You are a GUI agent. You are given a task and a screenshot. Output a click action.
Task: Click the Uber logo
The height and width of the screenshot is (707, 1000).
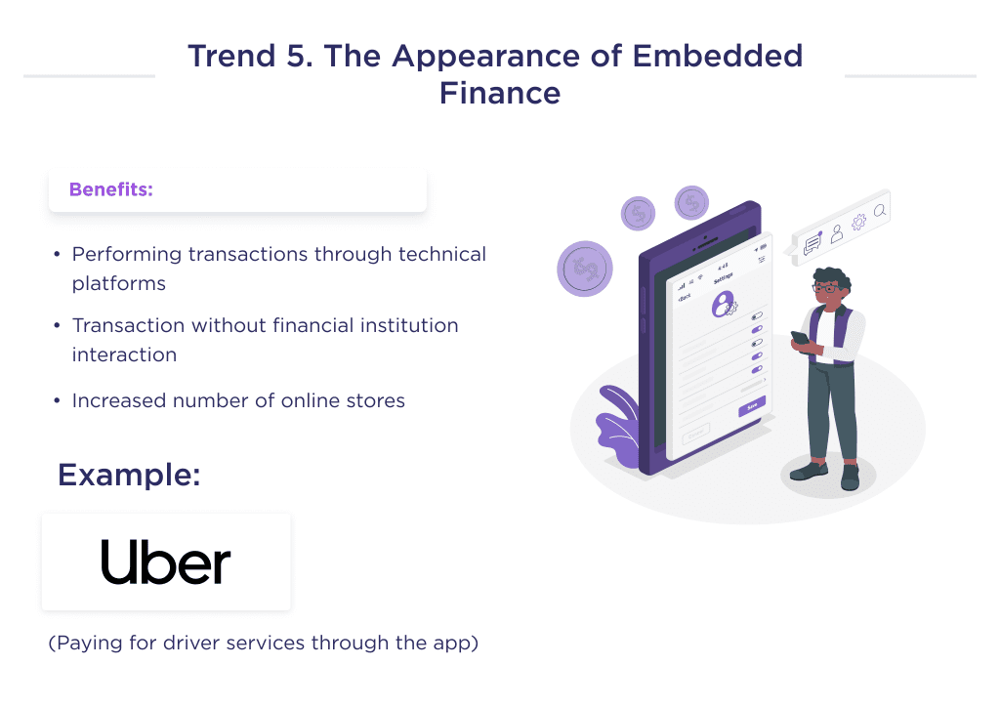166,562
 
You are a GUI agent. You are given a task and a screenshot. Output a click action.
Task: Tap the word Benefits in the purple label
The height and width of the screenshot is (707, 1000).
110,189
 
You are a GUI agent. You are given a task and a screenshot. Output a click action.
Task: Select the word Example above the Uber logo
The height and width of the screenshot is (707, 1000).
129,475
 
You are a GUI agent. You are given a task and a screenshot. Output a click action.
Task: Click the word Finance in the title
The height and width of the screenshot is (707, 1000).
499,93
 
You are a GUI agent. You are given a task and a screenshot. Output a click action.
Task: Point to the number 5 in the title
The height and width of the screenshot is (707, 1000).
294,56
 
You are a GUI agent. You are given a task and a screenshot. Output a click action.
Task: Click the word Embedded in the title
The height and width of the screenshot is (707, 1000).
718,56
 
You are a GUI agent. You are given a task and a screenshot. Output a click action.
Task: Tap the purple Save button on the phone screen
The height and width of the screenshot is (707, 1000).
752,406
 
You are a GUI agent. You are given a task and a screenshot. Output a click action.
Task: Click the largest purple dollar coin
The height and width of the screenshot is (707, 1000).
585,269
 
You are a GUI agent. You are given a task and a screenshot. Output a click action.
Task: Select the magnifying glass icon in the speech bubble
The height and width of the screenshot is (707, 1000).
880,210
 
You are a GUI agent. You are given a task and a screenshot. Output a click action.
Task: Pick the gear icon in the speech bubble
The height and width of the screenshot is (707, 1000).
858,223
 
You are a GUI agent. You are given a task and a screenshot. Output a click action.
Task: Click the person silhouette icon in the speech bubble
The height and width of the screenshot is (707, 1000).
837,233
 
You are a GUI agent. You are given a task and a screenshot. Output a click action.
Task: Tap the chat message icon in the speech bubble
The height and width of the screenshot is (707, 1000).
812,246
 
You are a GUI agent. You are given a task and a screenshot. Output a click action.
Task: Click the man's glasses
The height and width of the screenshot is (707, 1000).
825,288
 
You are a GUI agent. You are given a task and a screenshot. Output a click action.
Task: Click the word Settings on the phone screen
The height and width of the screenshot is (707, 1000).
724,278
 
